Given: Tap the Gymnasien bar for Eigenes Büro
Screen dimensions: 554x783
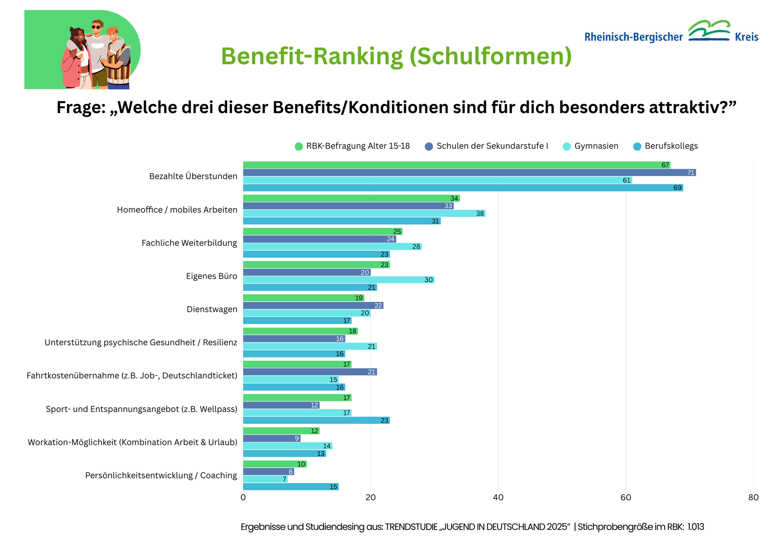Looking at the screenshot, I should pyautogui.click(x=338, y=280).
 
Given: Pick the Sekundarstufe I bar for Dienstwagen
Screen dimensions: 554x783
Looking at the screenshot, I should pyautogui.click(x=313, y=305).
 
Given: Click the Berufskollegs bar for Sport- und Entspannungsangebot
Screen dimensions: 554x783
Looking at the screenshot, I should pyautogui.click(x=316, y=420).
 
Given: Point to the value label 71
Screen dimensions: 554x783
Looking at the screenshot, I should pyautogui.click(x=690, y=173).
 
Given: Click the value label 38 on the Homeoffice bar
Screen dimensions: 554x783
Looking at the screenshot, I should pyautogui.click(x=480, y=214).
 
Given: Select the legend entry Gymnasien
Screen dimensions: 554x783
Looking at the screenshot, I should pyautogui.click(x=596, y=146).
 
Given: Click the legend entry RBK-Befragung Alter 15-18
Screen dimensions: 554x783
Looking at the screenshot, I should pyautogui.click(x=358, y=146).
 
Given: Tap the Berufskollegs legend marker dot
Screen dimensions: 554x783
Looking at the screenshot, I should pyautogui.click(x=637, y=147).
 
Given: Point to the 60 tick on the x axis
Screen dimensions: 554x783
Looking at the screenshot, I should pyautogui.click(x=626, y=497).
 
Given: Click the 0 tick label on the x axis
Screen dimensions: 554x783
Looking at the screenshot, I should pyautogui.click(x=243, y=497).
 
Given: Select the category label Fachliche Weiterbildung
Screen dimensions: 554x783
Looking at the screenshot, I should pyautogui.click(x=189, y=243).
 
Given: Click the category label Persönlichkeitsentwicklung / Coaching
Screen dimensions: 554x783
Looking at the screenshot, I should pyautogui.click(x=161, y=475).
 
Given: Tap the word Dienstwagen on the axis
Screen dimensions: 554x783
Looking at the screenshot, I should pyautogui.click(x=212, y=309).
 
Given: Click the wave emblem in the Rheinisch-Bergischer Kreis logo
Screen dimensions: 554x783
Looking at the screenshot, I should pyautogui.click(x=709, y=31).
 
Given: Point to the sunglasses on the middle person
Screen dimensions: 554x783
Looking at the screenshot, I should pyautogui.click(x=96, y=27).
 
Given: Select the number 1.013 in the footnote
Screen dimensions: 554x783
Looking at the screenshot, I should pyautogui.click(x=696, y=527).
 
